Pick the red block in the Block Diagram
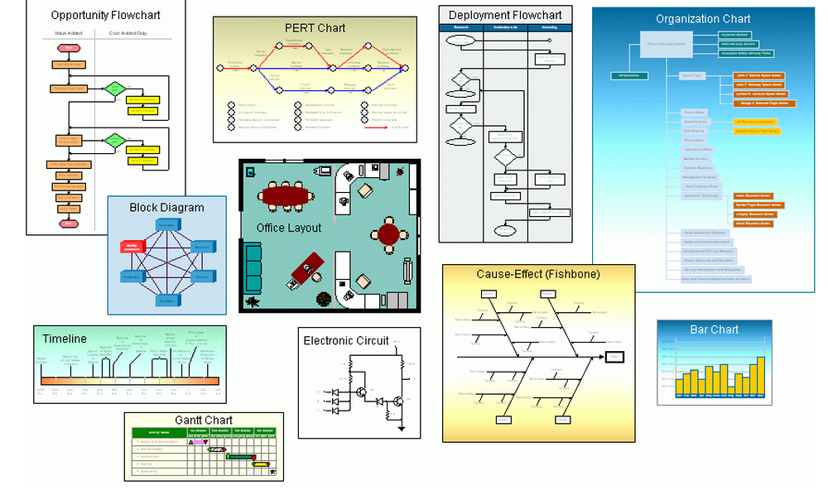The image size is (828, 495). click(132, 246)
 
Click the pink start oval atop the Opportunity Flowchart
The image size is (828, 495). click(69, 48)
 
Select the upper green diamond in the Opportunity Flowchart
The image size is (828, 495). click(115, 88)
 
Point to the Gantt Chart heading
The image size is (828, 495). click(204, 421)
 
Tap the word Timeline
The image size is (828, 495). click(65, 339)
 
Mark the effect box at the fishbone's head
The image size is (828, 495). click(614, 357)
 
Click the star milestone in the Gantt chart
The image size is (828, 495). click(272, 472)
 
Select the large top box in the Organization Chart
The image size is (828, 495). click(664, 44)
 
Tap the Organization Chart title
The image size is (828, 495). click(703, 19)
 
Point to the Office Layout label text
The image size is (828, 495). click(288, 228)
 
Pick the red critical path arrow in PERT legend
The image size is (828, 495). click(375, 127)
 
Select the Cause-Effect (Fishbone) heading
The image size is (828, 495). click(537, 274)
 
